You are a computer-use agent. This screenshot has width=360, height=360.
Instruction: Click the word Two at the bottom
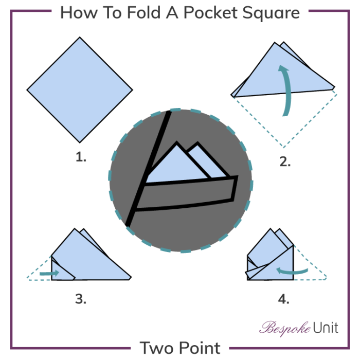[x=160, y=348]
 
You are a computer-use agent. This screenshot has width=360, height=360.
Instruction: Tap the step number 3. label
[x=80, y=298]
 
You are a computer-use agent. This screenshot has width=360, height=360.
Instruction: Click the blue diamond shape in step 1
[x=78, y=89]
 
